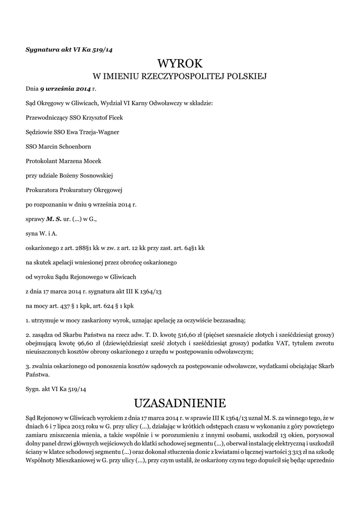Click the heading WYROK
(180, 63)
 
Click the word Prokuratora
(41, 190)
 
